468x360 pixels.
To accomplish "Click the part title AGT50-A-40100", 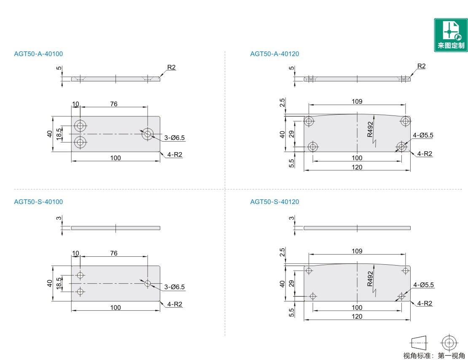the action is tap(38, 54).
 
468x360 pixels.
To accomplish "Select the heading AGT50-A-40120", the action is tap(274, 54).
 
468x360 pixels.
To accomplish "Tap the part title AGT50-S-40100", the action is tap(38, 202).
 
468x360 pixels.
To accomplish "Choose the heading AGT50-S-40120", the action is tap(274, 202).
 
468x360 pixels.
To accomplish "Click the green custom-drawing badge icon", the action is tap(451, 35).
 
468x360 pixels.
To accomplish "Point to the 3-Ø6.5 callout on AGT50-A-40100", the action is tap(174, 138).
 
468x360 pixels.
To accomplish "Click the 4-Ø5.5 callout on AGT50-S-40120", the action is tap(423, 285).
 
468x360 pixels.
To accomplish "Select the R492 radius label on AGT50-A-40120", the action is tap(370, 129).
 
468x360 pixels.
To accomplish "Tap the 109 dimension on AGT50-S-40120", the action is tap(357, 251).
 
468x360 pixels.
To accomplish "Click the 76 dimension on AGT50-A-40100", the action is tap(114, 104).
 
